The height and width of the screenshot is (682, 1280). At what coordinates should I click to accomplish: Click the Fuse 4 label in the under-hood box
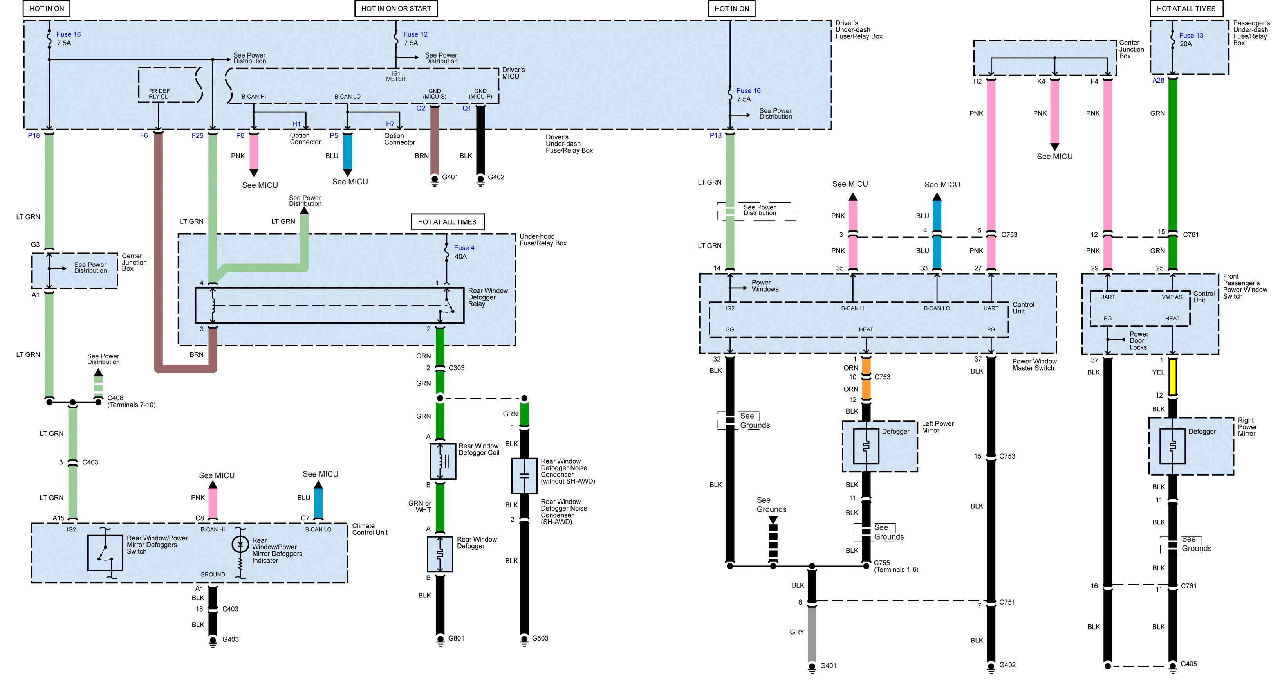(464, 248)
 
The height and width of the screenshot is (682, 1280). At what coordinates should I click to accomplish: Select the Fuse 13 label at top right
(1191, 35)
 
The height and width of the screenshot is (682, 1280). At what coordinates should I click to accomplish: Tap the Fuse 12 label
(415, 34)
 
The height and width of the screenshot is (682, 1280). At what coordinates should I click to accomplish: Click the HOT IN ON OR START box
(396, 9)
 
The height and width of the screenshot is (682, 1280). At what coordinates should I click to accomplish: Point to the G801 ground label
(456, 638)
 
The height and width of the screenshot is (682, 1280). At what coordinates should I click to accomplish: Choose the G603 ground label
(540, 638)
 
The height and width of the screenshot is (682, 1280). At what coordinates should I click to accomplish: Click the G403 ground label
(230, 639)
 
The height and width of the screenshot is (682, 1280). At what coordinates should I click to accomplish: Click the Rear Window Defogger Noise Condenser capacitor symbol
(524, 475)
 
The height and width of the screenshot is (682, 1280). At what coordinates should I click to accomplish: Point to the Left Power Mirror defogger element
(866, 446)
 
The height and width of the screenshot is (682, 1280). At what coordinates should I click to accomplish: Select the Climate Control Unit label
(369, 529)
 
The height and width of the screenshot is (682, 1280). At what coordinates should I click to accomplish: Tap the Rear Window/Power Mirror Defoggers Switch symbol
(105, 552)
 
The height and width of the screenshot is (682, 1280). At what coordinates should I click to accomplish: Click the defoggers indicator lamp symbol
(240, 544)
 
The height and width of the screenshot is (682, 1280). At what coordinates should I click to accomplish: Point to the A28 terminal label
(1158, 80)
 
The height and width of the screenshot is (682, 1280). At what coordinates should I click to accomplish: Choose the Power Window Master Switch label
(1034, 365)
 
